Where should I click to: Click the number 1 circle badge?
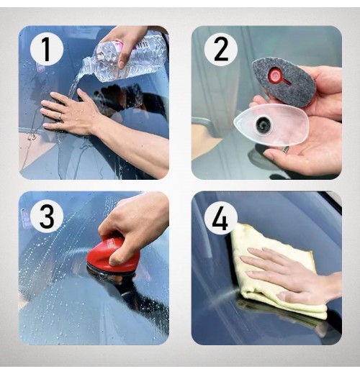coord(47,50)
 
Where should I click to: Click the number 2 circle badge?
coord(221,50)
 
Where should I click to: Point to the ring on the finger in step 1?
coord(60,117)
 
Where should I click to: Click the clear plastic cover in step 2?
coord(271,125)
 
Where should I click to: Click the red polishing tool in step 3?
coord(113,257)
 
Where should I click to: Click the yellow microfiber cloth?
coord(276,271)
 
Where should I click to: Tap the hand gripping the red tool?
coord(135,228)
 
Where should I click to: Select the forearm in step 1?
coord(135,142)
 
